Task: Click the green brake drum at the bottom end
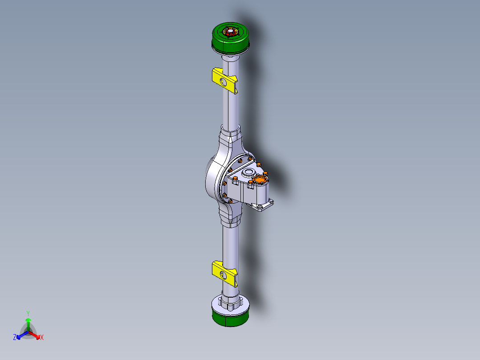click(x=230, y=318)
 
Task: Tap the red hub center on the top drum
click(x=231, y=32)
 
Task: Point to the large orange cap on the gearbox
click(x=258, y=180)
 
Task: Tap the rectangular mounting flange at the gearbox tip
click(x=263, y=206)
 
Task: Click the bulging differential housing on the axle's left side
click(x=213, y=180)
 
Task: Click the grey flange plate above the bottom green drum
click(x=230, y=304)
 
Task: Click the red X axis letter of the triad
click(x=42, y=338)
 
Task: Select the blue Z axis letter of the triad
click(x=15, y=338)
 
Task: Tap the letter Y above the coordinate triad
click(x=28, y=313)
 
